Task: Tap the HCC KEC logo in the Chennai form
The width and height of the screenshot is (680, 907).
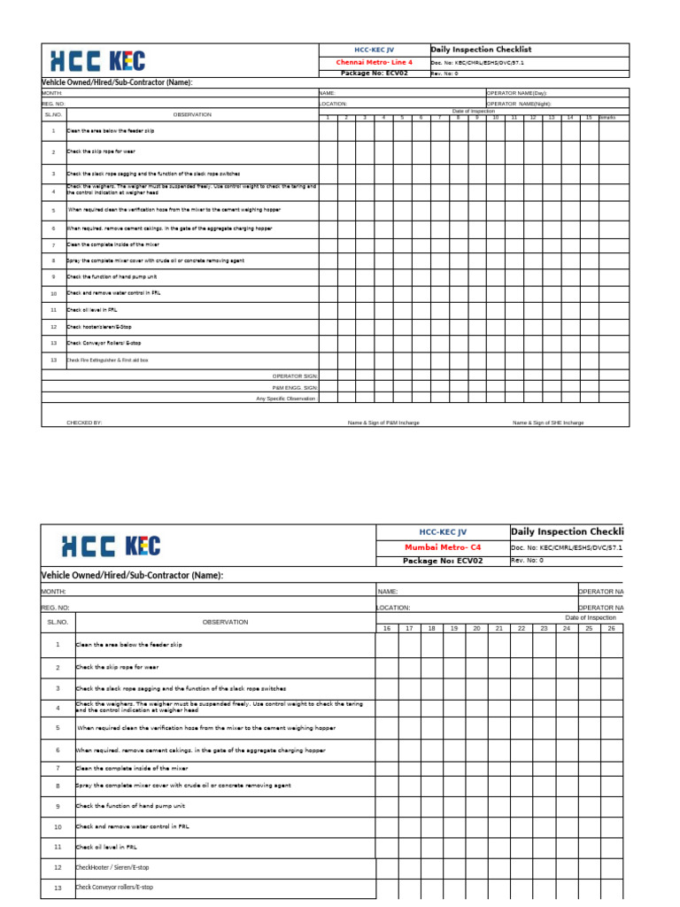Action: [x=97, y=61]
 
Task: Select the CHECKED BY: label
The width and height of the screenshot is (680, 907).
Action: [x=85, y=422]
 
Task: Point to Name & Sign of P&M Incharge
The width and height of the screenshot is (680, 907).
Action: [x=384, y=422]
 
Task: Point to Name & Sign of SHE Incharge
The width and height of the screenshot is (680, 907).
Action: [x=548, y=422]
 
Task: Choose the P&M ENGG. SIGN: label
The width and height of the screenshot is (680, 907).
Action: [x=295, y=387]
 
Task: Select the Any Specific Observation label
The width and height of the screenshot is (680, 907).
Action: [x=285, y=399]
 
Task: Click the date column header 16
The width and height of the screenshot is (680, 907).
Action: [x=386, y=628]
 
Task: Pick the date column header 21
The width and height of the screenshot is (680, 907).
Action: [x=498, y=628]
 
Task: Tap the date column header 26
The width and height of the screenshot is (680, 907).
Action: [x=611, y=628]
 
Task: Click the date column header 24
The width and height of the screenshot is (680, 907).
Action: [x=567, y=628]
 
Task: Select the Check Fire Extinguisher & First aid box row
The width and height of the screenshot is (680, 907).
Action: [x=108, y=360]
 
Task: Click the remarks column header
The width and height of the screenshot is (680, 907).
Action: [x=608, y=117]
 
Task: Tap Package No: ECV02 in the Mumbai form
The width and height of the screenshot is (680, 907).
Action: [x=443, y=561]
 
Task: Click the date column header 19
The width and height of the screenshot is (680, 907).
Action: [x=453, y=628]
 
